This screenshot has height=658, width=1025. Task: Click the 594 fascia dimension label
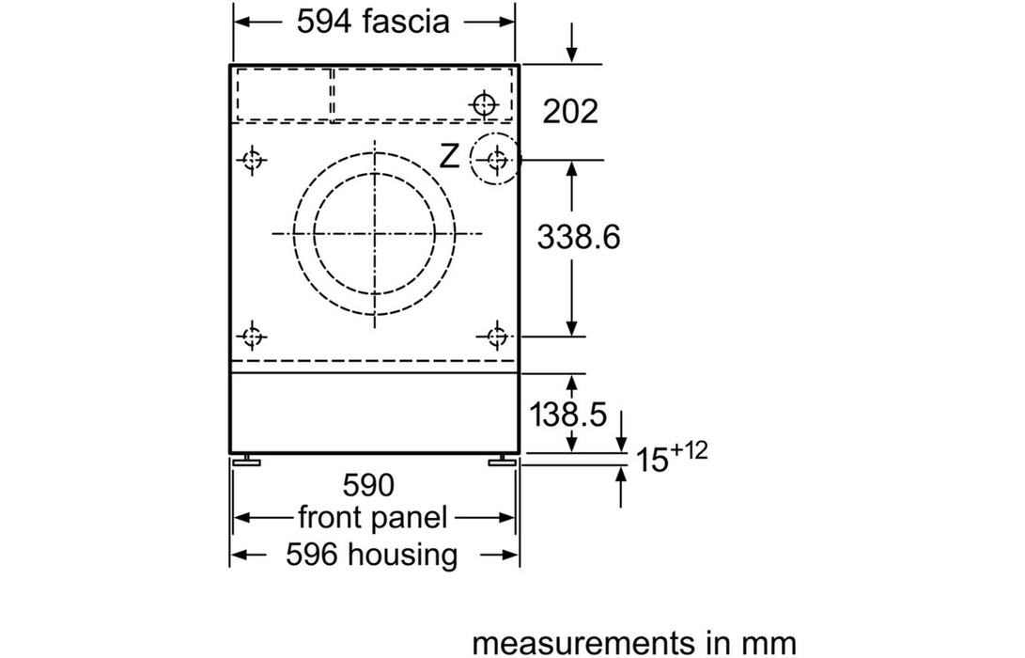[373, 22]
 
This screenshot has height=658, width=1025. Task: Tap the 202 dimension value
[570, 111]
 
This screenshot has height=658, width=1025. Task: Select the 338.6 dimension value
[579, 236]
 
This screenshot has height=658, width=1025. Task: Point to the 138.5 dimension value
[567, 414]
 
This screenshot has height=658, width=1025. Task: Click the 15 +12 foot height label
[672, 457]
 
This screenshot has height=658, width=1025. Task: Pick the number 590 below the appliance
[368, 485]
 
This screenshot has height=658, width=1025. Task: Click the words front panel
[373, 517]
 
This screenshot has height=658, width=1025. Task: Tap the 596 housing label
[371, 555]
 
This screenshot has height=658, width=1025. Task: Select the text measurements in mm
[634, 642]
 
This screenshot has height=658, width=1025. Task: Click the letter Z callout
[449, 157]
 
